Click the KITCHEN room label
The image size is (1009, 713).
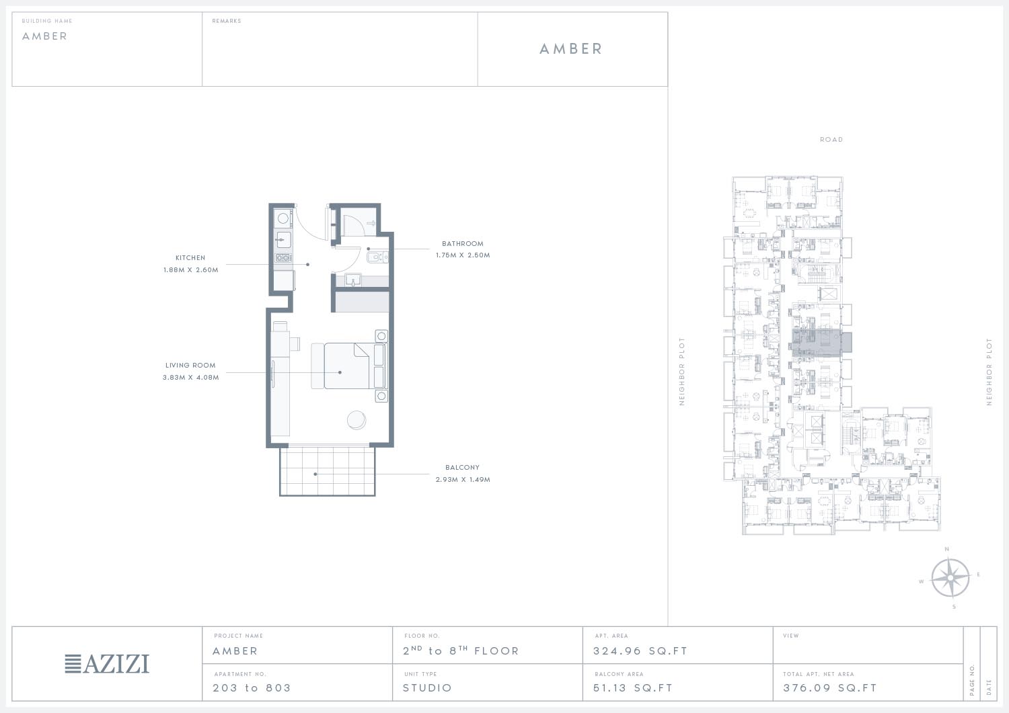[190, 258]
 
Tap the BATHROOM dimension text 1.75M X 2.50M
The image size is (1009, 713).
[463, 255]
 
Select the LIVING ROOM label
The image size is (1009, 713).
[190, 366]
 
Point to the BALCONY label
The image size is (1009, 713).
[462, 468]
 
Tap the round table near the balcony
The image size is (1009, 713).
[357, 421]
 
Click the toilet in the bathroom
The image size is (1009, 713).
[377, 257]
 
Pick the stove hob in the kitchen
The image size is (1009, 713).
[283, 258]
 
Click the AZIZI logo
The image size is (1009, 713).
[107, 664]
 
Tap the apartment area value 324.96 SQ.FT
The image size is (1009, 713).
[640, 651]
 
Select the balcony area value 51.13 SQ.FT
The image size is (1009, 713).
[633, 687]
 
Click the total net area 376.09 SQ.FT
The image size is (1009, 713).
[829, 687]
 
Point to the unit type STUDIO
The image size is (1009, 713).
[427, 687]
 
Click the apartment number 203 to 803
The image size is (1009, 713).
[252, 687]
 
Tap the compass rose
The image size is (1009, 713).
[950, 578]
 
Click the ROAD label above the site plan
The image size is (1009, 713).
[831, 140]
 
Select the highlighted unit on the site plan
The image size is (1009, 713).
[821, 343]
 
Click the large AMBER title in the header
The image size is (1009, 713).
[570, 49]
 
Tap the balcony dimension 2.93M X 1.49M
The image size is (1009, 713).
[463, 480]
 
